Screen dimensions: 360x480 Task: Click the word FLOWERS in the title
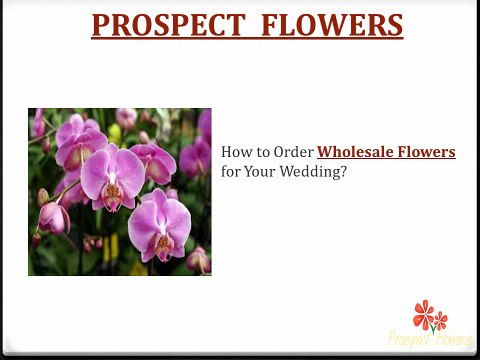point(329,24)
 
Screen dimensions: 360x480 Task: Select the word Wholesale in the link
point(355,152)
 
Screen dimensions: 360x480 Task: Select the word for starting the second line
point(231,171)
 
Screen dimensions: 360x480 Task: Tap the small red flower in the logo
point(441,321)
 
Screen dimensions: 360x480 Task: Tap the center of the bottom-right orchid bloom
point(162,240)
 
